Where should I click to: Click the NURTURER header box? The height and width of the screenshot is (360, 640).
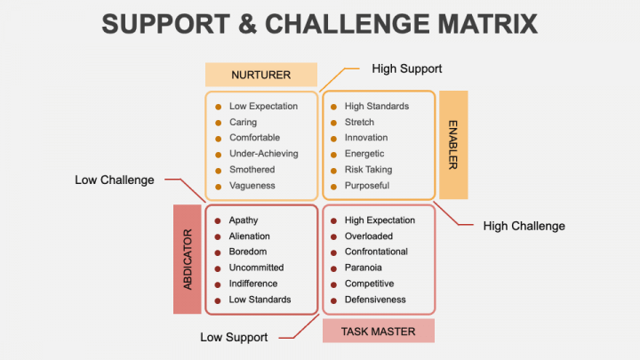coord(260,75)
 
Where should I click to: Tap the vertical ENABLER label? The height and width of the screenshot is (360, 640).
coord(452,145)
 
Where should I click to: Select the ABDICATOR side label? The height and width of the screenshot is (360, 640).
coord(187,259)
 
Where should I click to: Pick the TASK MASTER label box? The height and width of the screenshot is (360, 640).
coord(378,332)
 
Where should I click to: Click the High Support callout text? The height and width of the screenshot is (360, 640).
coord(407,68)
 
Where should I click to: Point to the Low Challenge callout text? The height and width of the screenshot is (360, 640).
coord(115,180)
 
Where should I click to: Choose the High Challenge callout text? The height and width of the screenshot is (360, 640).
coord(524,226)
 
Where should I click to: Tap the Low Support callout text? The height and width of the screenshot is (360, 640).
coord(235,337)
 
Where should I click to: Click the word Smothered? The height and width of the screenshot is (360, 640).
coord(252,170)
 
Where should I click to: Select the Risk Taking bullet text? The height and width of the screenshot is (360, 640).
coord(368,170)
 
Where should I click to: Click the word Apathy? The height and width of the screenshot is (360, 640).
coord(244,220)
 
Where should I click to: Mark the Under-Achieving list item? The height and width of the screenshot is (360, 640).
coord(263,154)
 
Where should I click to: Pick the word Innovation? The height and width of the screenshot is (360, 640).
coord(366,138)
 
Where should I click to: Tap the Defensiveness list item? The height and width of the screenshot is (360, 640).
coord(375,300)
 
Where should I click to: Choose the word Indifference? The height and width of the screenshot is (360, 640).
coord(252,284)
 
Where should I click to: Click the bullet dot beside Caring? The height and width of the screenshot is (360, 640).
coord(218,123)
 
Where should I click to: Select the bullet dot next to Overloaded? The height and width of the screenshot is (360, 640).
coord(333,236)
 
